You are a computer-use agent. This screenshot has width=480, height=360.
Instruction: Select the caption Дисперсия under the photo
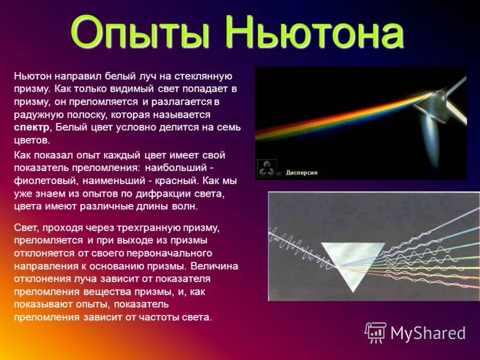[301, 173]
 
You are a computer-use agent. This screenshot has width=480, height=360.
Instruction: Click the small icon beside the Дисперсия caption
[267, 169]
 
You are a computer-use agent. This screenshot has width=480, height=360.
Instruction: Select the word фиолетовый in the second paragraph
[40, 179]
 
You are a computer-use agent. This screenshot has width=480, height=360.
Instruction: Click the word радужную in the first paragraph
[34, 114]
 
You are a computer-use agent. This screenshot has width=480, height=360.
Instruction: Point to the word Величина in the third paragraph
[217, 266]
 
